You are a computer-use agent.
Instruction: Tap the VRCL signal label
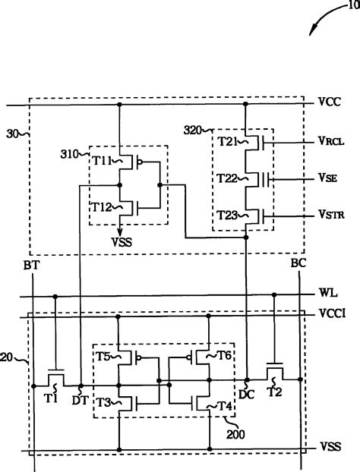click(332, 140)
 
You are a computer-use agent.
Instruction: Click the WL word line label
click(328, 292)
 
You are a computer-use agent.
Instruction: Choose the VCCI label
click(333, 312)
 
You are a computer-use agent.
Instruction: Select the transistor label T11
click(103, 160)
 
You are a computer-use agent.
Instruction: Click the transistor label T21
click(228, 141)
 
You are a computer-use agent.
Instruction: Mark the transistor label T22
click(228, 178)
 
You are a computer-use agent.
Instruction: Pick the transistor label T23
click(228, 216)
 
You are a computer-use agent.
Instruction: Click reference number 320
click(194, 130)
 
